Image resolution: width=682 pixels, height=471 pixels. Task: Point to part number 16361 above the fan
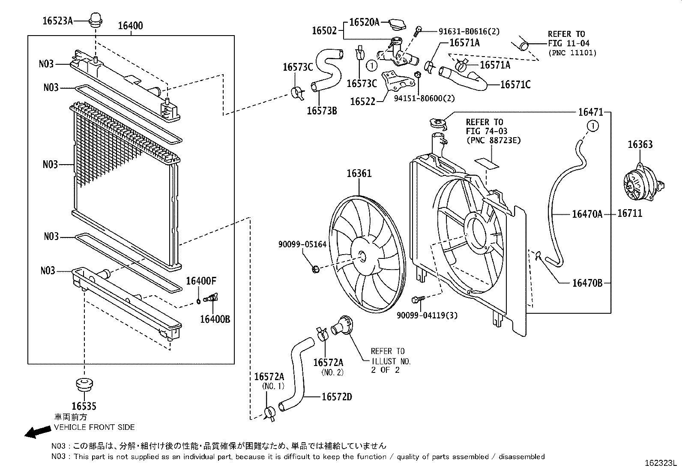coord(359,174)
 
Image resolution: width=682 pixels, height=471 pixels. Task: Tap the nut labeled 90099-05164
coord(315,269)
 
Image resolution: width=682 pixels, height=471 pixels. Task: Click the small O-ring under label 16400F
coord(199,300)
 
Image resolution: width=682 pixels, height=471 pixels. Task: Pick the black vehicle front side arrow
coord(36,432)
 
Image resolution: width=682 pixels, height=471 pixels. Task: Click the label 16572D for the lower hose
coord(337,397)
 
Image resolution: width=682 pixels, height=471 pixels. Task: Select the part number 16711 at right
coord(629,213)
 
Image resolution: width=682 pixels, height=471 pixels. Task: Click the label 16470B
coord(587,283)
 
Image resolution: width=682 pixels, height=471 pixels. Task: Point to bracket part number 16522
coord(362,102)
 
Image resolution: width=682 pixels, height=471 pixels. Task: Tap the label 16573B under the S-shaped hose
coord(322,111)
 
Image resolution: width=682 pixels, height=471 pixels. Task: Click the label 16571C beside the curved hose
coord(515,85)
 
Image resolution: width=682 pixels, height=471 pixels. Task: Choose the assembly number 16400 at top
coord(130,26)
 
